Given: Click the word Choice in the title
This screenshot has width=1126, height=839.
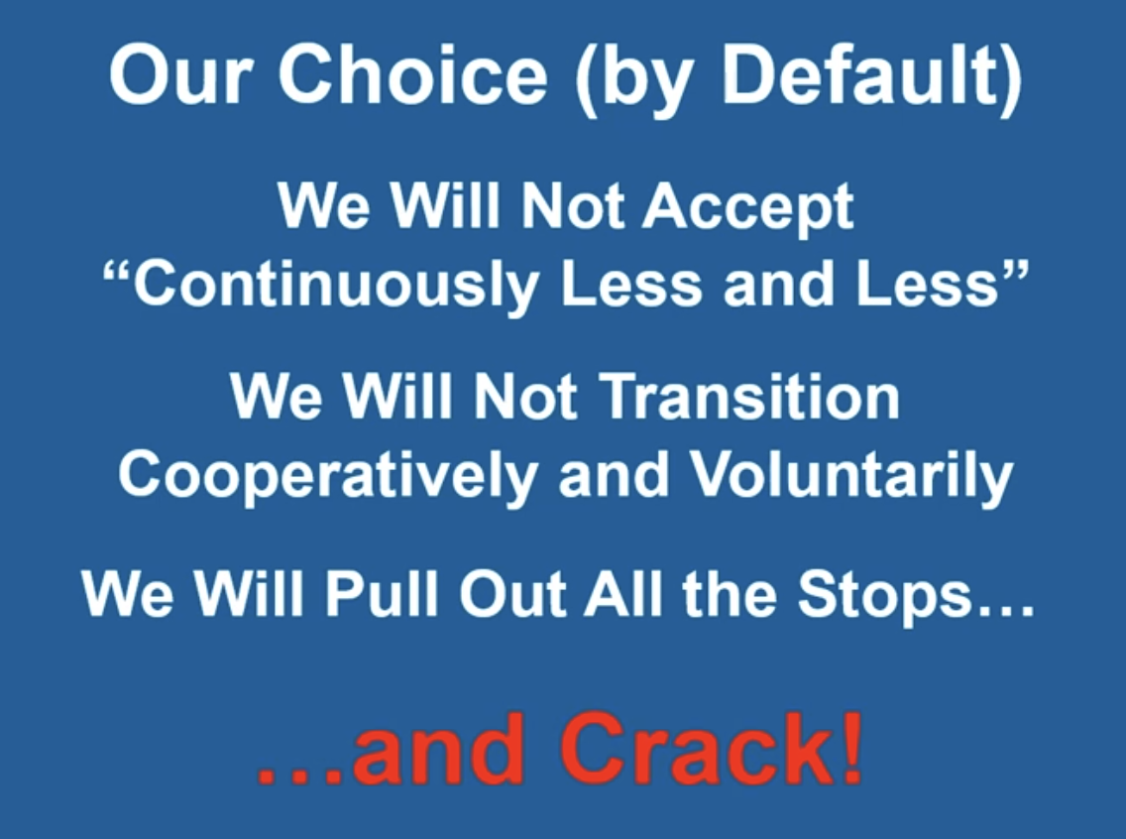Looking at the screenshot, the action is click(413, 74).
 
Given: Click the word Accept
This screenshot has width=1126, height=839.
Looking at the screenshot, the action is click(747, 208).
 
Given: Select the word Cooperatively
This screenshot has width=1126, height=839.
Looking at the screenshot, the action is click(328, 476).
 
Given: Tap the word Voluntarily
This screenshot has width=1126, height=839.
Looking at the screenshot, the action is click(851, 476).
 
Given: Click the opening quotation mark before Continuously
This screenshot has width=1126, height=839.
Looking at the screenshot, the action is click(117, 274).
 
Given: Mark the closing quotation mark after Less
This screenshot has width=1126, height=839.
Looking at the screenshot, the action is click(1015, 274).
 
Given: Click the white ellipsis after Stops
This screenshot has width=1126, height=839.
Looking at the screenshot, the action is click(1005, 611).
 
